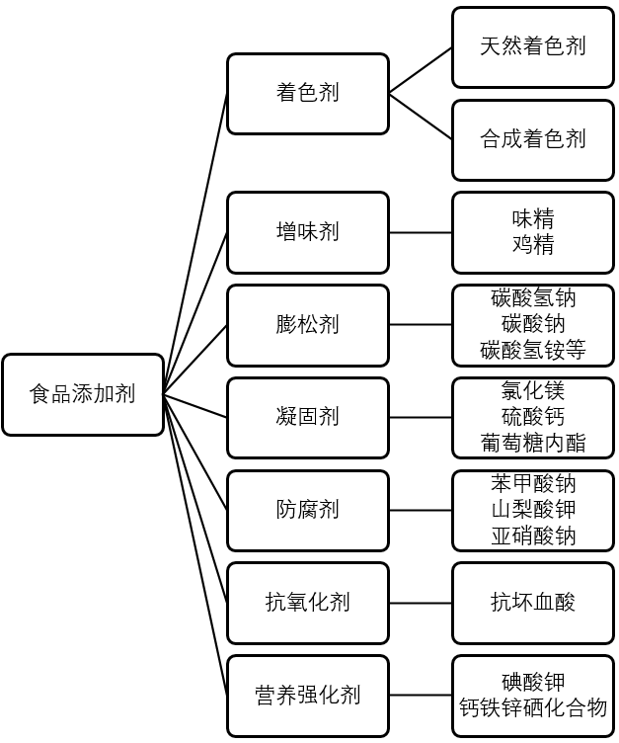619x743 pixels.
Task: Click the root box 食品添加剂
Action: point(83,394)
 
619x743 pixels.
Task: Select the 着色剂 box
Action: point(307,93)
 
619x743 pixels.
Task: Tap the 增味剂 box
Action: point(307,232)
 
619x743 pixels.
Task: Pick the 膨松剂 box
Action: point(307,324)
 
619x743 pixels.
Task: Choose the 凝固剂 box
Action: point(307,417)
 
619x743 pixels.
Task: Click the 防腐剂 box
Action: point(307,510)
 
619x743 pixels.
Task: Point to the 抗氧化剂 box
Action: point(307,602)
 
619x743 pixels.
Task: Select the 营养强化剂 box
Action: point(307,695)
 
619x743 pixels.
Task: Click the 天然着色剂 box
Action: point(533,46)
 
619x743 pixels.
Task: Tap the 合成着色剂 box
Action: point(533,138)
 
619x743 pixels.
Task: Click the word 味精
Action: point(533,218)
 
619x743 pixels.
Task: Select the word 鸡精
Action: point(533,244)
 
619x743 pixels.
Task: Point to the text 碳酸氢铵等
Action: point(533,350)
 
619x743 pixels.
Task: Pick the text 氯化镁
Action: point(533,390)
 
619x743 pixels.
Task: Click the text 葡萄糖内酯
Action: point(533,443)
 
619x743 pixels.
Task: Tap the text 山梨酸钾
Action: point(533,510)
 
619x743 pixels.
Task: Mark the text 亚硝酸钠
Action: point(533,536)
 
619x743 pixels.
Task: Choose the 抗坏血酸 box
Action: point(533,602)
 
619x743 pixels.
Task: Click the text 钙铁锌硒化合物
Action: point(533,707)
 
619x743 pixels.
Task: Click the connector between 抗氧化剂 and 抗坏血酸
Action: point(421,602)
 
